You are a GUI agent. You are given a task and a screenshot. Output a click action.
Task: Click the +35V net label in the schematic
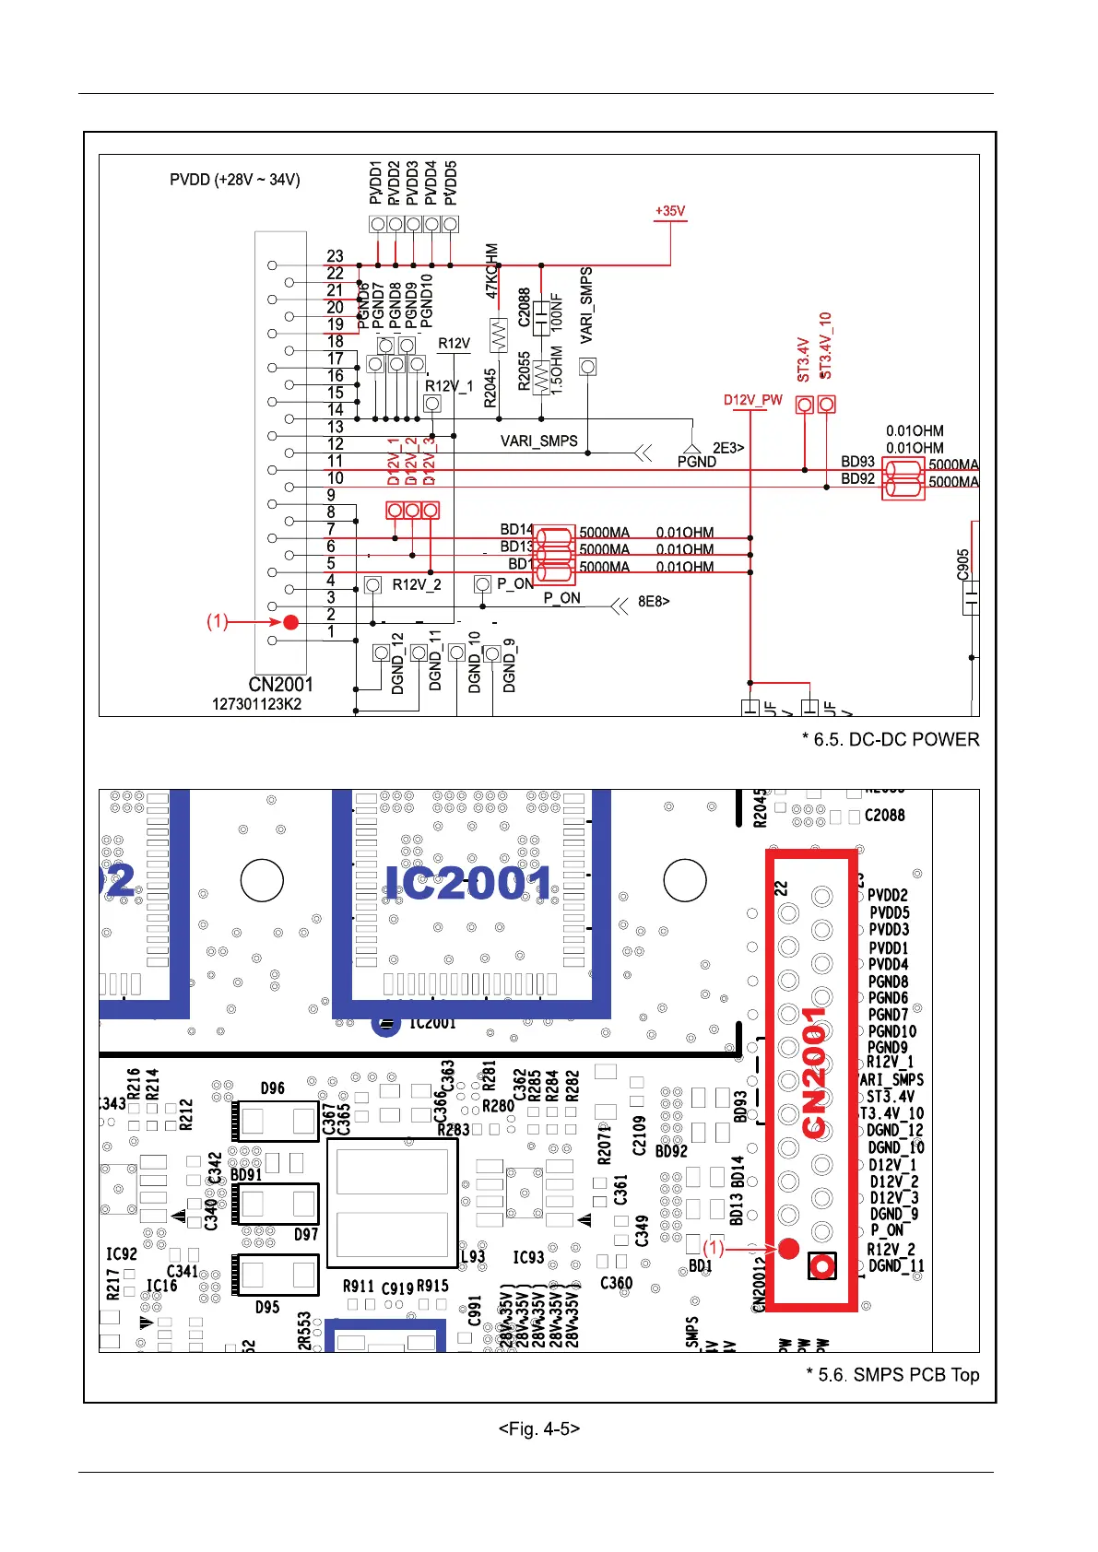(670, 211)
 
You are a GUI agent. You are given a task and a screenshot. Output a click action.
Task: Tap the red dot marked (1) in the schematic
(291, 622)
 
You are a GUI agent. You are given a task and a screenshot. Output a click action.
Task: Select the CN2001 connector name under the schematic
(280, 685)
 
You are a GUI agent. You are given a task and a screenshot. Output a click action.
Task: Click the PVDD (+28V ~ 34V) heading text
(234, 180)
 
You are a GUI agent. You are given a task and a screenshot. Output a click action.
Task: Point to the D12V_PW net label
(752, 400)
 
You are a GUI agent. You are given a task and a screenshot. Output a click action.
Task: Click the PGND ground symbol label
(696, 462)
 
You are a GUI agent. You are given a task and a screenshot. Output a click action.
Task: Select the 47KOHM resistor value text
(491, 271)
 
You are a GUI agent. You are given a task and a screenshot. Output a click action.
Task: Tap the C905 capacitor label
(963, 564)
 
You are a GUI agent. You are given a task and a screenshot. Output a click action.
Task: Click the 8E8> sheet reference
(654, 603)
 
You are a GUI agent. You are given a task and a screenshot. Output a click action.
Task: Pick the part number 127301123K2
(256, 704)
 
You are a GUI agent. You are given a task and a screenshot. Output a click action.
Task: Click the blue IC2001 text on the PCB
(469, 884)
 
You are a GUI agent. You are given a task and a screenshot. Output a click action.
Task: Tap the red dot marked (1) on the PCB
(788, 1248)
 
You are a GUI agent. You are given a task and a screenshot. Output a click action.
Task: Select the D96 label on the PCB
(272, 1088)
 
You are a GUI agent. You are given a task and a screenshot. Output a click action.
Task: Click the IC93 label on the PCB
(528, 1257)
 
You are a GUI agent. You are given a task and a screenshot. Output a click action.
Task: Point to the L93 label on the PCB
(473, 1256)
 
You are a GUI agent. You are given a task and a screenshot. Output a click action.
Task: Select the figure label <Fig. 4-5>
(538, 1429)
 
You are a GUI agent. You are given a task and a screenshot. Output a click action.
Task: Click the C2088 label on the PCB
(884, 816)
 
